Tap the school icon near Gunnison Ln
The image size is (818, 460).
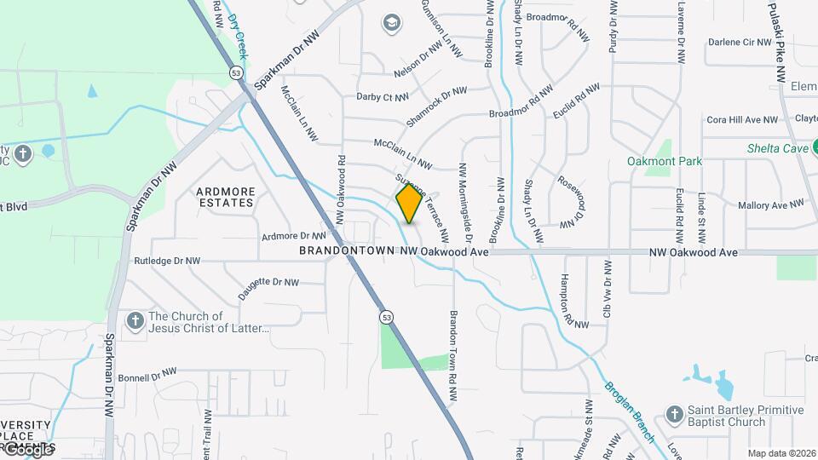[392, 22]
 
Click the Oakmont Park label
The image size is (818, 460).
[665, 161]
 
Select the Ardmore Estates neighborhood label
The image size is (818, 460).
[225, 198]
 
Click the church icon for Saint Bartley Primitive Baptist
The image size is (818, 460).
[674, 415]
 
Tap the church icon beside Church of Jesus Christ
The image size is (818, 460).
[135, 321]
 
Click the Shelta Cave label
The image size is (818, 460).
[777, 148]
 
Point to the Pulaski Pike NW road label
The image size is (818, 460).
[781, 41]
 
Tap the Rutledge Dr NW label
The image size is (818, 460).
[167, 261]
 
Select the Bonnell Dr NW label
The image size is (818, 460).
[147, 375]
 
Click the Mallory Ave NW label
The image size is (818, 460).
[770, 205]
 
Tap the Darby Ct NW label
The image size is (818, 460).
[383, 97]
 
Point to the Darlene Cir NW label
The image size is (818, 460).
[740, 42]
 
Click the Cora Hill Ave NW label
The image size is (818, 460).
[741, 120]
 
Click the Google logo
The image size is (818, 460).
[27, 450]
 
